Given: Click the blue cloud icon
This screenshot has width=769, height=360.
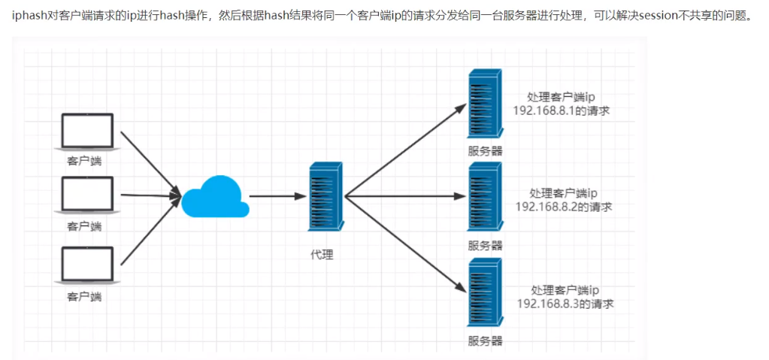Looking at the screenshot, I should (215, 196).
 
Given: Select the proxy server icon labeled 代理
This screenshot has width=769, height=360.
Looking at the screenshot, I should (325, 196).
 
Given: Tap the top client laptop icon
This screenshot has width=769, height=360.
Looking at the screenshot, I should (87, 131).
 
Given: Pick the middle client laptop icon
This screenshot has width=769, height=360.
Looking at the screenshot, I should (87, 195).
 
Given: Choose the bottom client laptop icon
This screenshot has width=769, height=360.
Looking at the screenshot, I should (87, 265).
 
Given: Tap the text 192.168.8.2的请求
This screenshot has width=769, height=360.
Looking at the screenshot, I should (564, 207).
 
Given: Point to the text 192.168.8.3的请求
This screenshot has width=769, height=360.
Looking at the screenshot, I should (565, 303).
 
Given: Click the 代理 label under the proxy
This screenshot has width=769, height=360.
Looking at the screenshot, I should (322, 255).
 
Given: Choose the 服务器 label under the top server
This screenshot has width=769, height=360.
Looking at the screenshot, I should (485, 150).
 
